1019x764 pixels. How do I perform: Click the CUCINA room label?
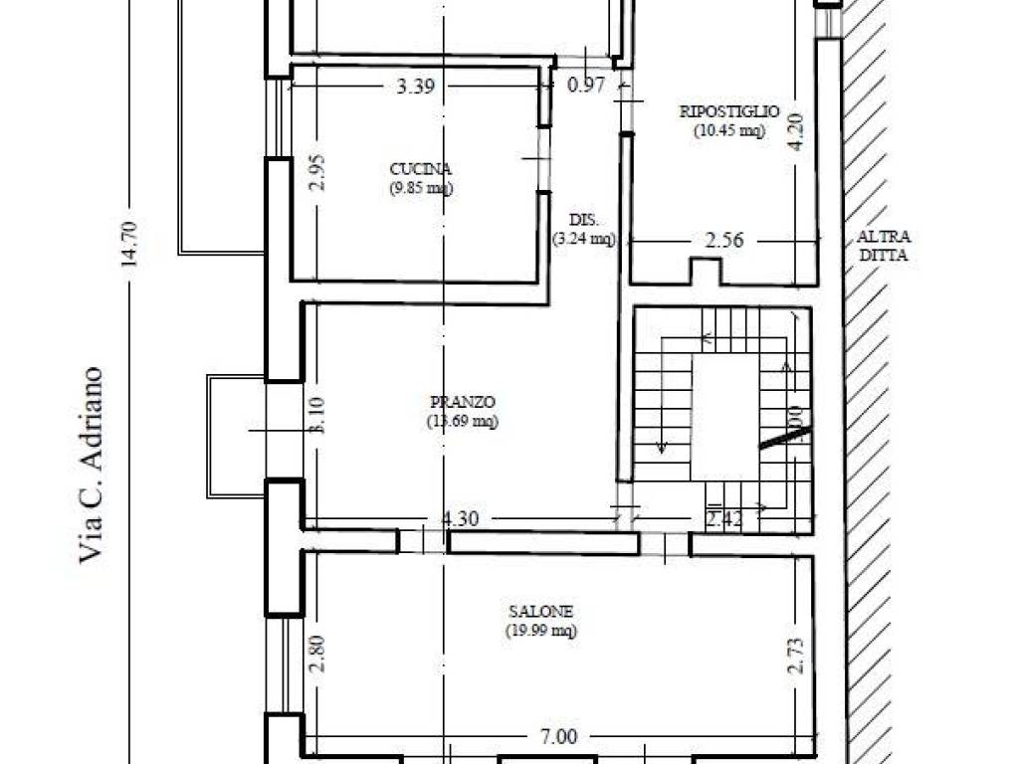click(421, 169)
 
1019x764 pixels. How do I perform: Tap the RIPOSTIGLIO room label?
click(729, 111)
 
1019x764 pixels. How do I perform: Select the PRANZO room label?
click(463, 402)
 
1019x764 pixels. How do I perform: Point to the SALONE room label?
click(539, 612)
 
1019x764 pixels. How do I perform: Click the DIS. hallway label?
click(583, 220)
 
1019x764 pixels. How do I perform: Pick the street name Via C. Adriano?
click(92, 465)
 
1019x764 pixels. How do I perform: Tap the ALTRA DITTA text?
click(884, 246)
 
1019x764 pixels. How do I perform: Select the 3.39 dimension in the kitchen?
click(415, 87)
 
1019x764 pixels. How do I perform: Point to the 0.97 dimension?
click(586, 86)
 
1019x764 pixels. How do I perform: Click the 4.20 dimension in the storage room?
click(794, 130)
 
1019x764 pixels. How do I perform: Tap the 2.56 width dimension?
click(725, 240)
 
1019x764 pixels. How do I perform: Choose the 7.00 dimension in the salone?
click(559, 737)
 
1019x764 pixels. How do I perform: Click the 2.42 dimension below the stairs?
click(722, 518)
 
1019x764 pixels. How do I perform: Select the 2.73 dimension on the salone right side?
click(794, 654)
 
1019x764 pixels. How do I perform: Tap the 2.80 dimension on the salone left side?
click(316, 654)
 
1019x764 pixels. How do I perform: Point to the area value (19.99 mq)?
click(539, 630)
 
